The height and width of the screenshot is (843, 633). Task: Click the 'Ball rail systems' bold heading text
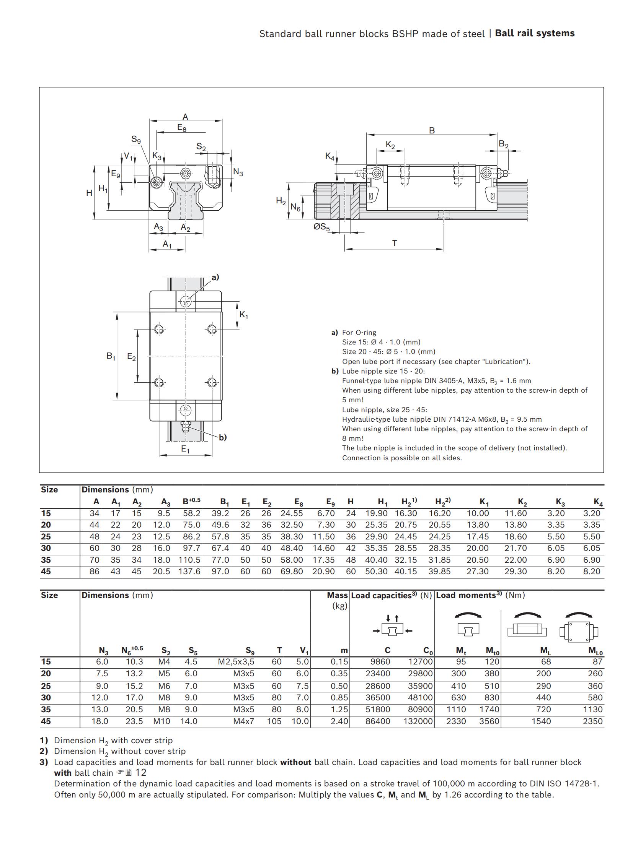[534, 33]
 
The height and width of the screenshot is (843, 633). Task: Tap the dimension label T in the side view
[395, 243]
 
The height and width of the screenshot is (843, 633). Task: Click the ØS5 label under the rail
[321, 227]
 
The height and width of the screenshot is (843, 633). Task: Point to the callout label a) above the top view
[215, 277]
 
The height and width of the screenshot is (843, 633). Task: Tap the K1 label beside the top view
[244, 315]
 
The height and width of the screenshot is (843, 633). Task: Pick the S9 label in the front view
[136, 140]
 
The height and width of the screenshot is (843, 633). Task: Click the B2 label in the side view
[504, 145]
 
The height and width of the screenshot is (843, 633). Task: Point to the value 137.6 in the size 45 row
[189, 572]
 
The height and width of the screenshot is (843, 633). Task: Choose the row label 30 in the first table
[46, 548]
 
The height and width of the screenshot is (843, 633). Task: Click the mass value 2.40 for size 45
[339, 721]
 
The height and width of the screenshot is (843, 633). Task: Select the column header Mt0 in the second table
[493, 650]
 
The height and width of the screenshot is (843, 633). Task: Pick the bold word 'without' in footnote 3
[295, 762]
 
